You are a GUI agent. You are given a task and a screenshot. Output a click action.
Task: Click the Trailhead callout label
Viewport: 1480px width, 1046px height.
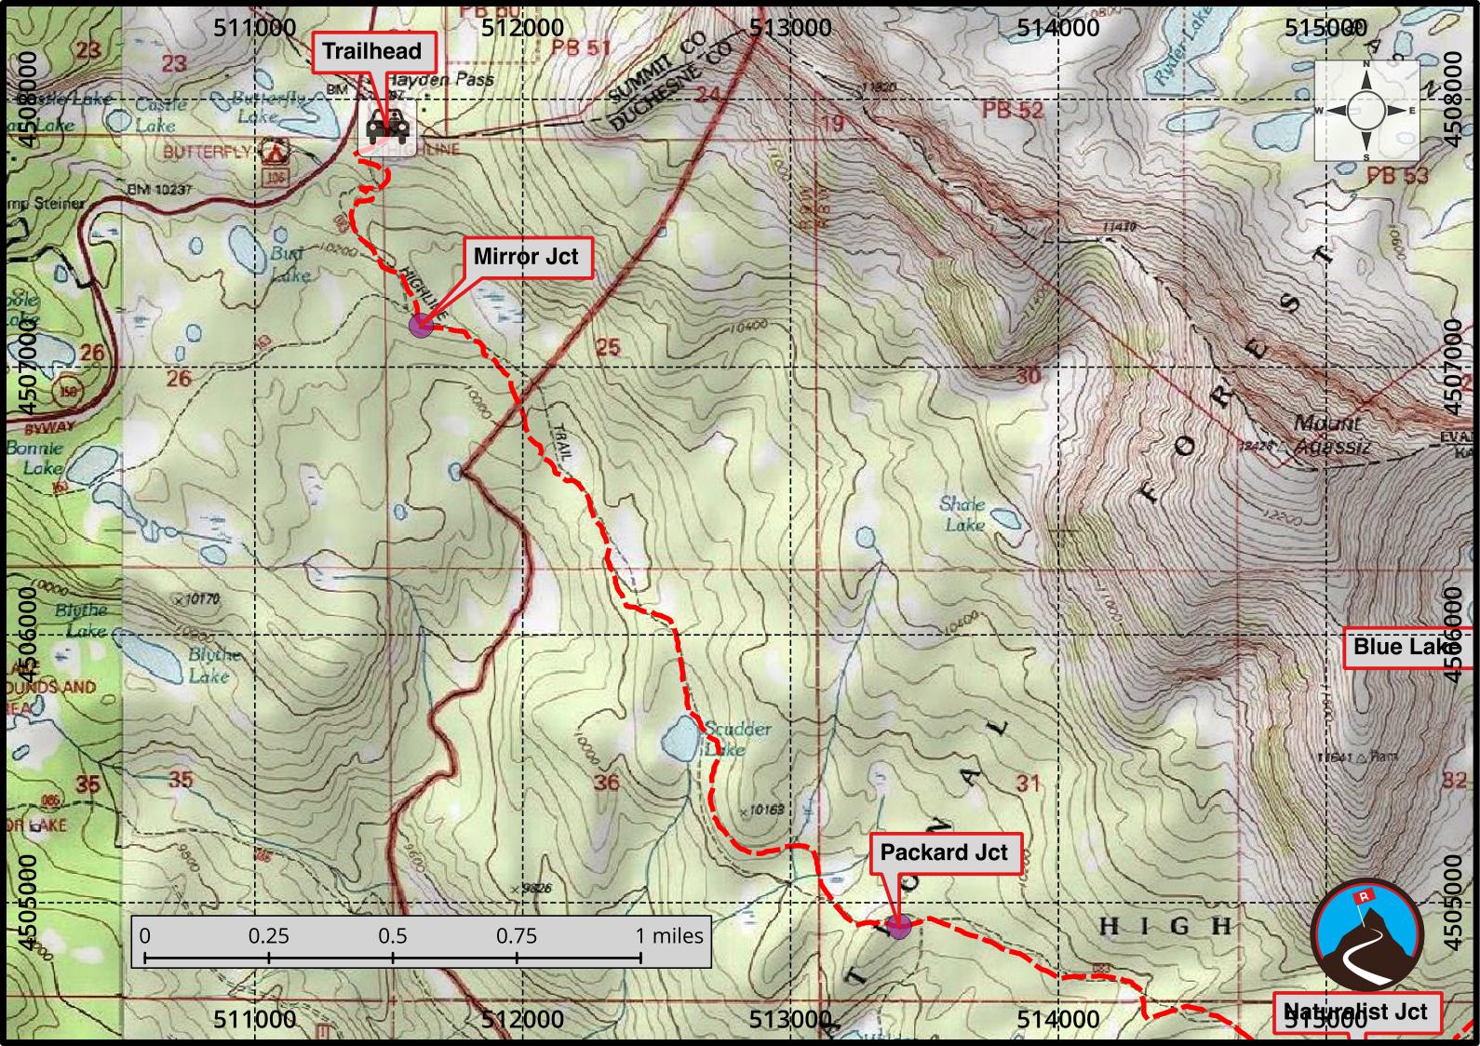(x=371, y=51)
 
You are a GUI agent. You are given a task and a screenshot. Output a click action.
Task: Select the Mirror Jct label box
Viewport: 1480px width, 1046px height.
(x=526, y=257)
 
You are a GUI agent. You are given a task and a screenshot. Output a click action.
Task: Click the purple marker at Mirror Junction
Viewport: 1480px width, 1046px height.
(x=421, y=325)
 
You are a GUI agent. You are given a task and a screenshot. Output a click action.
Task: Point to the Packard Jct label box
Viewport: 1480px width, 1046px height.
(x=944, y=852)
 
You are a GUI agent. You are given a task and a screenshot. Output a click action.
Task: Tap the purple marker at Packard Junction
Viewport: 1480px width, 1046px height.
(x=898, y=925)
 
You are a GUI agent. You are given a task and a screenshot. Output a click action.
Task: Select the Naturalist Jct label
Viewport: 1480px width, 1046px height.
(x=1356, y=1012)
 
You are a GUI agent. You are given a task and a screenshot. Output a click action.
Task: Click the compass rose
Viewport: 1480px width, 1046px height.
(x=1366, y=111)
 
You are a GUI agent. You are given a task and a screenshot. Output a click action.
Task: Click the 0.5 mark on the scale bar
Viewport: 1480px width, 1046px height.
(x=393, y=935)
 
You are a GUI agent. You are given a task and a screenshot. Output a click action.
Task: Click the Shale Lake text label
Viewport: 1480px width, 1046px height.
(x=962, y=514)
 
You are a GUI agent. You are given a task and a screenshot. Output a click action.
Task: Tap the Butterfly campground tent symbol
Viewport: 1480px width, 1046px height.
(x=273, y=149)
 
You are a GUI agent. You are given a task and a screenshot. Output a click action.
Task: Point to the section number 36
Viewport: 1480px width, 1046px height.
(x=607, y=782)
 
